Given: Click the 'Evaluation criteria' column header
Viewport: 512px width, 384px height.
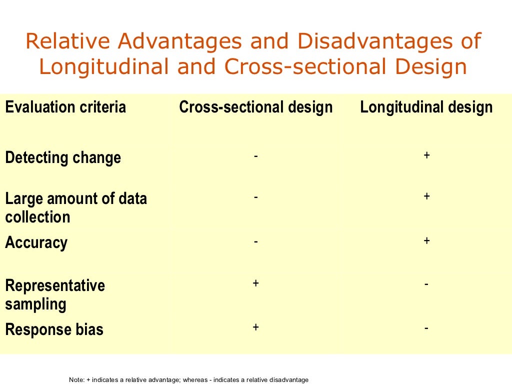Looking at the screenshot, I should tap(65, 107).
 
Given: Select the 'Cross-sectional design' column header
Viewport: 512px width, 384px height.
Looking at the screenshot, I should tap(255, 107).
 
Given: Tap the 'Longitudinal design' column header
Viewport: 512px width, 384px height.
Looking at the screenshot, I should tap(426, 107).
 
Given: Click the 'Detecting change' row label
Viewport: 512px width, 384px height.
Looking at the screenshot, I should tap(63, 157).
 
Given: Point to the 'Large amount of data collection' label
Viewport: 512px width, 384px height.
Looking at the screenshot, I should tap(76, 207).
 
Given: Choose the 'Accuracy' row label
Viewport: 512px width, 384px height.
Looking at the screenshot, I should tap(36, 242).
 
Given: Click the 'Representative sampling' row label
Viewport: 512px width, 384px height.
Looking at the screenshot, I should tap(55, 294).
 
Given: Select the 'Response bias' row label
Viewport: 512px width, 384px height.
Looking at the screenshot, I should tap(54, 329).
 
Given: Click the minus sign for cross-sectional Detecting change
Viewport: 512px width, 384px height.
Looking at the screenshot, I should tap(255, 156).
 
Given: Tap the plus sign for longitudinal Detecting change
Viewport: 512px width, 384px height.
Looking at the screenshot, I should tap(426, 155).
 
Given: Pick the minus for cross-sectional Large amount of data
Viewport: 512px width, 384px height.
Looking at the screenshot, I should tap(255, 197).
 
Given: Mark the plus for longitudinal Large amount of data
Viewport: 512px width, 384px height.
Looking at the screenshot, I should tap(426, 196).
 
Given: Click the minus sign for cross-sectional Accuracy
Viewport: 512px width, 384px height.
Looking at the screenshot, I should tap(255, 241).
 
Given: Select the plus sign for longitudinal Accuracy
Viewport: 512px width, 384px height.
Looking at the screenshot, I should tap(426, 241).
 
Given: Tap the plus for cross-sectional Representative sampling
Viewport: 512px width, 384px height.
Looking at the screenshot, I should tap(255, 283).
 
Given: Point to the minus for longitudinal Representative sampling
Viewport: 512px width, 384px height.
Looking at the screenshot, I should tap(426, 284).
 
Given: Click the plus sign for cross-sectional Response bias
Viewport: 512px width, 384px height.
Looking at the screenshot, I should tap(255, 327).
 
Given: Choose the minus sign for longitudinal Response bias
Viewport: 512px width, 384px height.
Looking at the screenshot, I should tap(426, 328).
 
